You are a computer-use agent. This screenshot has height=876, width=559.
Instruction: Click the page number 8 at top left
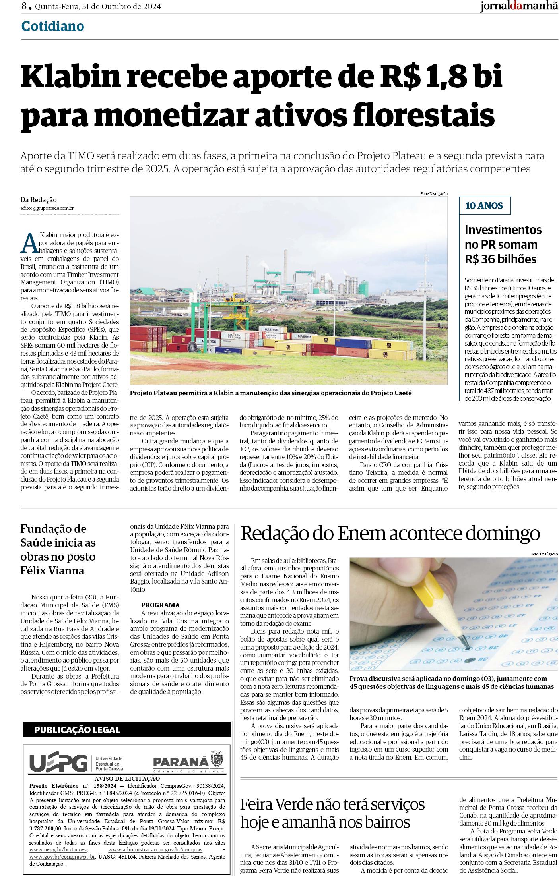point(25,6)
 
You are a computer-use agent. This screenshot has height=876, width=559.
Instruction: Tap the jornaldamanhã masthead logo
point(519,7)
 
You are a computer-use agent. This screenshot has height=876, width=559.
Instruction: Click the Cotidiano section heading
point(52,26)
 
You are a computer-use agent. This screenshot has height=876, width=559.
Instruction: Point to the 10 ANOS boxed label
point(484,206)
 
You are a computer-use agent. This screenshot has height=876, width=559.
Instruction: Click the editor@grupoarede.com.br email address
point(47,208)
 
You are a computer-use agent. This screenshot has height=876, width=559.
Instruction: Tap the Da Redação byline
point(39,200)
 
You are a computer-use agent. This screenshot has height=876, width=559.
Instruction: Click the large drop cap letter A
point(28,243)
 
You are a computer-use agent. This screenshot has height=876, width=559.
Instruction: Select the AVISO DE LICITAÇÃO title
point(127,779)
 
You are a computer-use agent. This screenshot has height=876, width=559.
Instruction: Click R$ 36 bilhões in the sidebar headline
point(500,259)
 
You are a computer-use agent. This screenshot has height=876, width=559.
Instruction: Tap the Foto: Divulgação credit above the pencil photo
point(544,554)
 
